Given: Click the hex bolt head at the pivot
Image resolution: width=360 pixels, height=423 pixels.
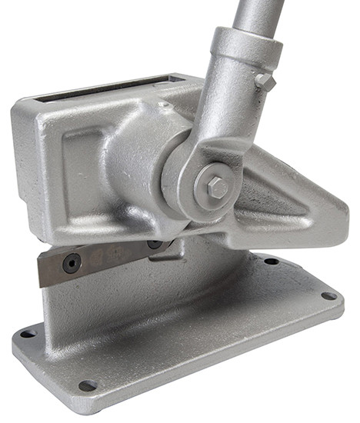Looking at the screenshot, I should [x=216, y=187].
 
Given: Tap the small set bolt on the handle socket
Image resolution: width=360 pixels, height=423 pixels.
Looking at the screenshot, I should [x=264, y=81].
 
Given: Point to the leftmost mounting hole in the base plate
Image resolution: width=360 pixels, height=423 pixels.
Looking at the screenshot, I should [x=28, y=333].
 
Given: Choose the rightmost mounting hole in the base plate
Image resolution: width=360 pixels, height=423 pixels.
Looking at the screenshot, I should [x=328, y=295].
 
